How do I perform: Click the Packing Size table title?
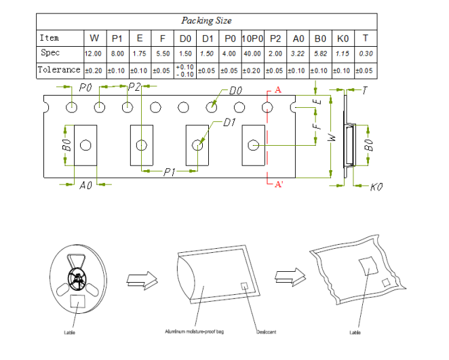206,21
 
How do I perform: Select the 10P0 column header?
252,38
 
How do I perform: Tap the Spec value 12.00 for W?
93,54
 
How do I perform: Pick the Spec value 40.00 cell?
252,54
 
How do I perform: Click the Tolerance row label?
59,70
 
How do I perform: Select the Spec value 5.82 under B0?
321,54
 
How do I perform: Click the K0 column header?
343,38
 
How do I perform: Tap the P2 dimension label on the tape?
134,87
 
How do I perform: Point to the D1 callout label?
230,123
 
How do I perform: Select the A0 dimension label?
86,185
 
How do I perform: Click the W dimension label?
332,136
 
